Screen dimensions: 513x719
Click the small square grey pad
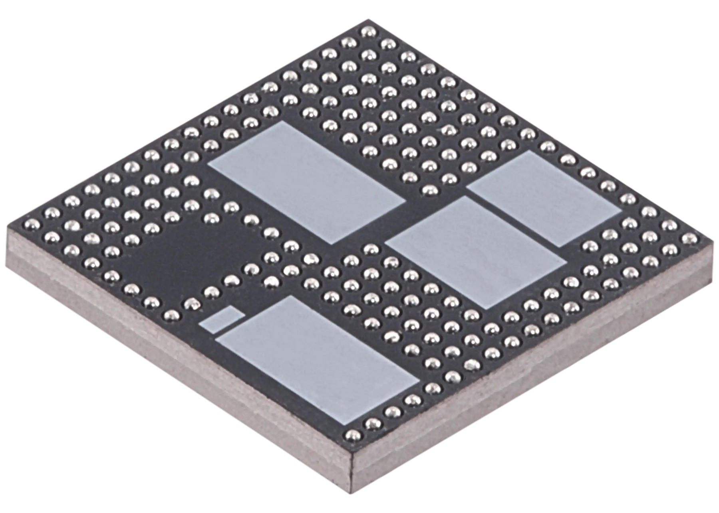click(222, 319)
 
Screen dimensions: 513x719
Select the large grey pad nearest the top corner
click(307, 182)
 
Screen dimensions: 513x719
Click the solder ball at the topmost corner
click(366, 32)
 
